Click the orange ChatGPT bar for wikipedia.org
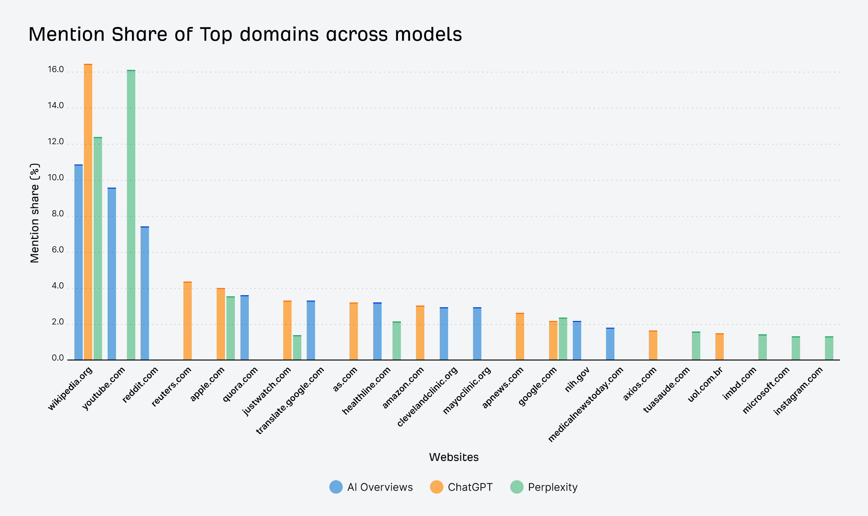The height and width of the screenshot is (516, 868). pos(88,212)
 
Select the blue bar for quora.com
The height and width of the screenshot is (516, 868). pos(244,327)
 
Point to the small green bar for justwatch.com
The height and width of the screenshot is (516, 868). pos(297,347)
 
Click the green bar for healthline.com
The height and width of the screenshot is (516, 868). pos(397,341)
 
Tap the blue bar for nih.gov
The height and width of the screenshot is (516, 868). pos(577,340)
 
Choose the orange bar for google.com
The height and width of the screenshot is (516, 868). pos(553,340)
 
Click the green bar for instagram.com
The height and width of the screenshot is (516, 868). pos(829,348)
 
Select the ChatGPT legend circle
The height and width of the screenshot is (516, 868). pos(436,487)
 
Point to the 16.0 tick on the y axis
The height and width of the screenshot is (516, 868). pos(56,69)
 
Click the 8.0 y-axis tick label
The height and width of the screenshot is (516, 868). pos(58,214)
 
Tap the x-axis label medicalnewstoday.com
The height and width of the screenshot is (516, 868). pos(586,405)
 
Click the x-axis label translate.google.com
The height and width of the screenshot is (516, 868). pos(290,400)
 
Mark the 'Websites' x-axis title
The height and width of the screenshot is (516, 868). pos(454,457)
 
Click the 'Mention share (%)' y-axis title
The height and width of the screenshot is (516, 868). pos(35,213)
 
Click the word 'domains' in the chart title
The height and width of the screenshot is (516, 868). pos(279,34)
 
